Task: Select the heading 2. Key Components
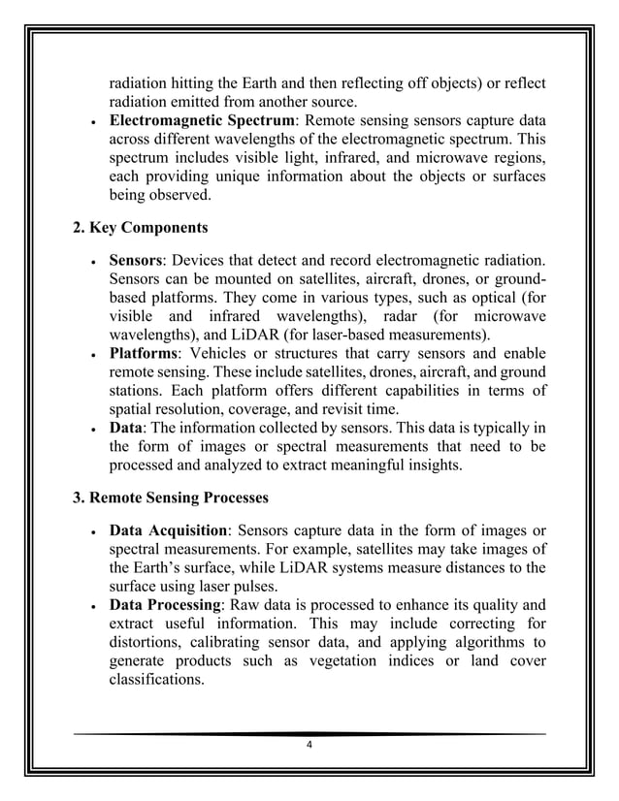140,229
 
